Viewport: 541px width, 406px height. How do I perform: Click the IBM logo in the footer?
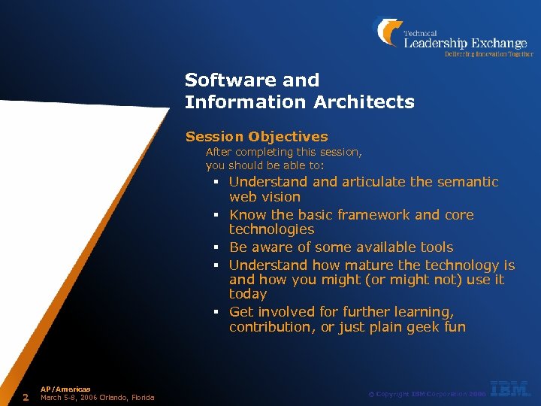point(511,389)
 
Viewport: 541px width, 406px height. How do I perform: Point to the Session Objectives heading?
point(256,137)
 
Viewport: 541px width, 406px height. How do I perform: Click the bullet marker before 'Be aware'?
point(214,248)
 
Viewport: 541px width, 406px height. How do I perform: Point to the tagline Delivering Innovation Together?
point(488,54)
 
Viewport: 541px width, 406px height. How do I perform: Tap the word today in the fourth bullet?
point(248,294)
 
